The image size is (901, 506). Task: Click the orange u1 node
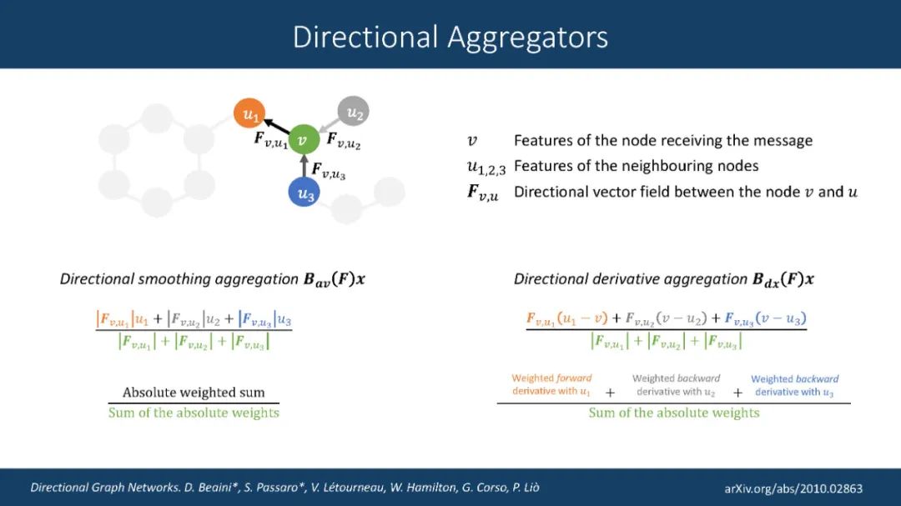[x=249, y=113]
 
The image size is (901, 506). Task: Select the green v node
[x=304, y=140]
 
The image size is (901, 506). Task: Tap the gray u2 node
[x=354, y=111]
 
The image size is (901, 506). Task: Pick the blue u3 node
[x=305, y=193]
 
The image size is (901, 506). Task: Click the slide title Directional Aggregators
[x=450, y=37]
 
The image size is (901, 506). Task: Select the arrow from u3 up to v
[x=305, y=167]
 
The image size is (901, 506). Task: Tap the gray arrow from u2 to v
[x=330, y=125]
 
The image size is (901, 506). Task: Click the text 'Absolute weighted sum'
[x=194, y=393]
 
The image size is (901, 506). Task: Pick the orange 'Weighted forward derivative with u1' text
[x=551, y=385]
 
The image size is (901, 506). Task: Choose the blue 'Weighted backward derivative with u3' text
[x=794, y=385]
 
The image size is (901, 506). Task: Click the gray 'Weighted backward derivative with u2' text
[x=676, y=385]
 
